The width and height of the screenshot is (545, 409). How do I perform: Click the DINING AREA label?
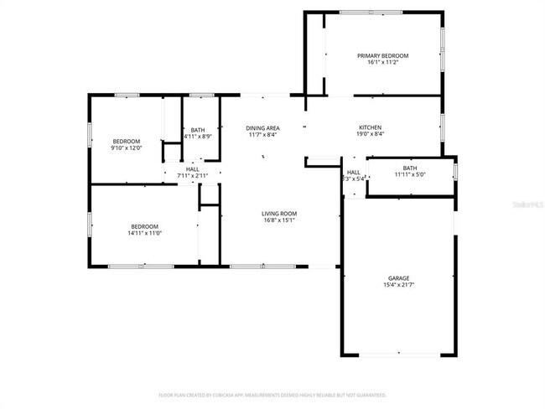coord(262,127)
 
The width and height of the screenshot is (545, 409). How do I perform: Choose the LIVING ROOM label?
coord(279,214)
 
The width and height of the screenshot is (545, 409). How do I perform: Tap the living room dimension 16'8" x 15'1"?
coord(279,220)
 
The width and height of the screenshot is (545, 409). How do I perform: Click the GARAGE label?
coord(398,278)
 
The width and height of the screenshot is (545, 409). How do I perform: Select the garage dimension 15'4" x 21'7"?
coord(398,285)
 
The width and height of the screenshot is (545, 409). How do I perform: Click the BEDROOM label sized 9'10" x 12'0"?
coord(127,141)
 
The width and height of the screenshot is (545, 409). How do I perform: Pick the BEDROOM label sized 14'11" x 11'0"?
coord(145,226)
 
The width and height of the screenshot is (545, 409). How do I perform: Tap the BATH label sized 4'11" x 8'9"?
coord(198,129)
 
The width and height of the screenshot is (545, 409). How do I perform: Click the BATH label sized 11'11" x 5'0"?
coord(409,168)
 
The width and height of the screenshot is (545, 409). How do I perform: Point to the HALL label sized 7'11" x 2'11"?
coord(192,168)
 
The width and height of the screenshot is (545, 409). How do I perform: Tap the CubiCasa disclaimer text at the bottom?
coord(272,394)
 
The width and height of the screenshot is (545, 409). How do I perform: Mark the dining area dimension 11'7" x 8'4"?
coord(262,134)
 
